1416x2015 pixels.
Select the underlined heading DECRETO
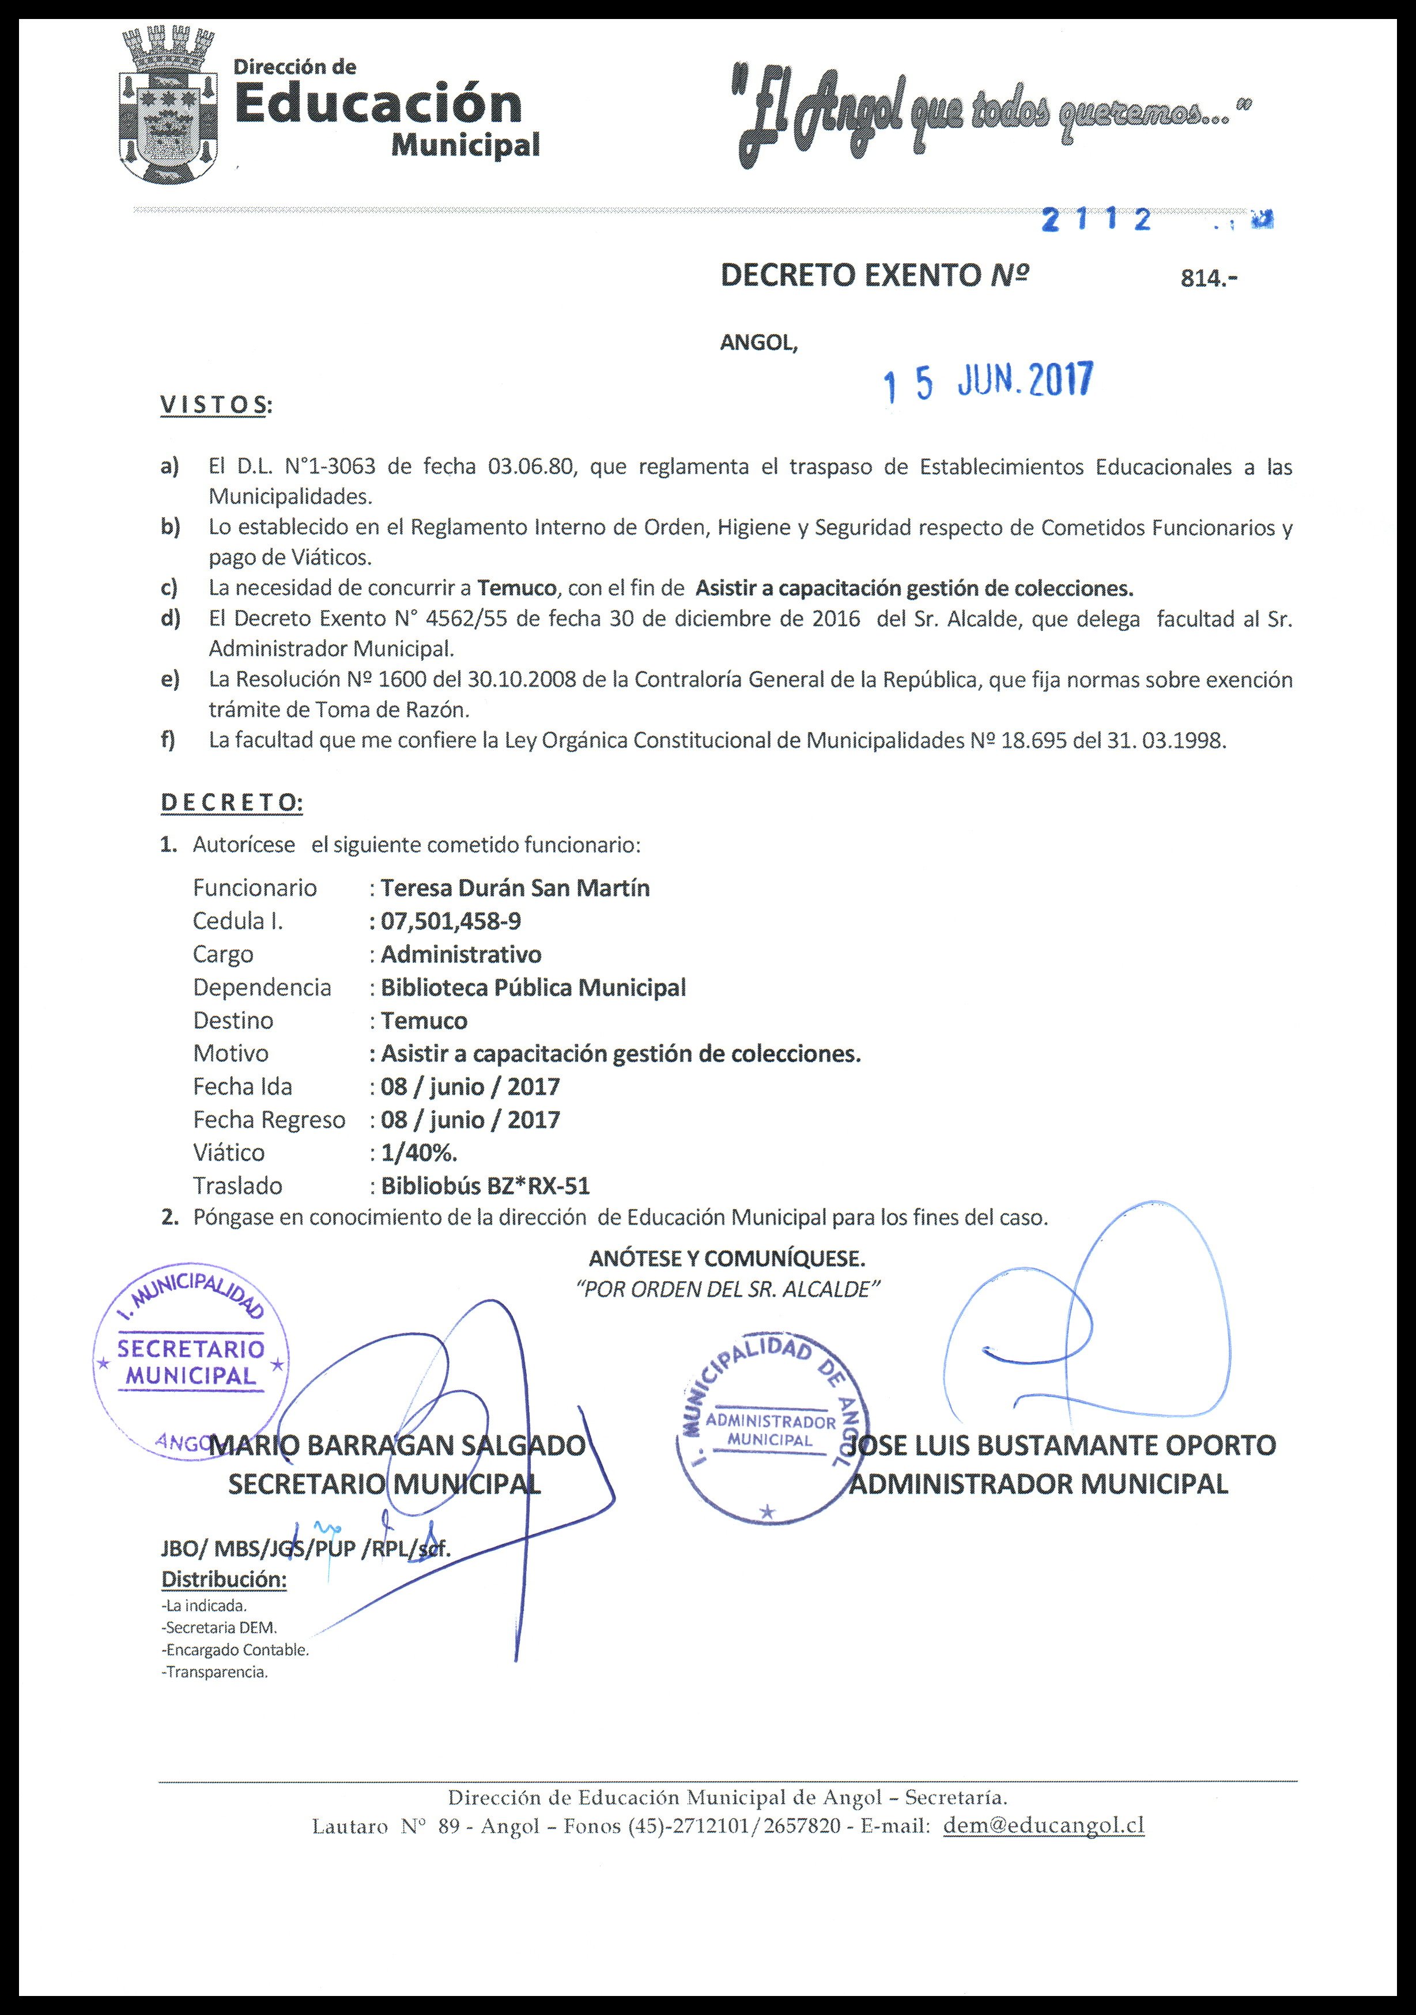pos(232,802)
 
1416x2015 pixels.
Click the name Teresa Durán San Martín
pos(515,888)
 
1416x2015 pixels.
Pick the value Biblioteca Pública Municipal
pos(533,987)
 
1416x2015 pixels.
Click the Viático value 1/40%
pos(419,1152)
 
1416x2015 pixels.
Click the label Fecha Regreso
pos(269,1120)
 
